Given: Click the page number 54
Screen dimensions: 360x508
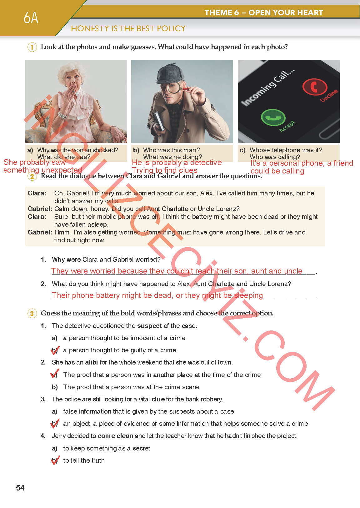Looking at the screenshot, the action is [x=20, y=487].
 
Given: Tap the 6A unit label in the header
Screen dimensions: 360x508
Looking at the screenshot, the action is [x=31, y=18].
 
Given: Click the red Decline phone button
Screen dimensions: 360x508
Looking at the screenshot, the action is [x=315, y=87].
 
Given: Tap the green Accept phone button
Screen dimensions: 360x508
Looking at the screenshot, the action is [x=273, y=117].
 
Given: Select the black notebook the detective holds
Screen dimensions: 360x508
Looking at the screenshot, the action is [x=159, y=121].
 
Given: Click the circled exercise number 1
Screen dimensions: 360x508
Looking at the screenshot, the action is [x=32, y=47].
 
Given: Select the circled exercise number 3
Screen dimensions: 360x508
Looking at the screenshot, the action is [x=32, y=314].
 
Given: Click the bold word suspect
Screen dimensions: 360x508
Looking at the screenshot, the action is [x=149, y=326].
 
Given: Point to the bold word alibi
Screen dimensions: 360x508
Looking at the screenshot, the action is [x=91, y=362].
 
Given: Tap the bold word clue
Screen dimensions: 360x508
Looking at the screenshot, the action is [x=158, y=399].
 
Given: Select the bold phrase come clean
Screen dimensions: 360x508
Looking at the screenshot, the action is [x=115, y=436].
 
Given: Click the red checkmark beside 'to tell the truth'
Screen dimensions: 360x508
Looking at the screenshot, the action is [x=55, y=460].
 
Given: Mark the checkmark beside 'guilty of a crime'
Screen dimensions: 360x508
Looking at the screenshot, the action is [x=55, y=350].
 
